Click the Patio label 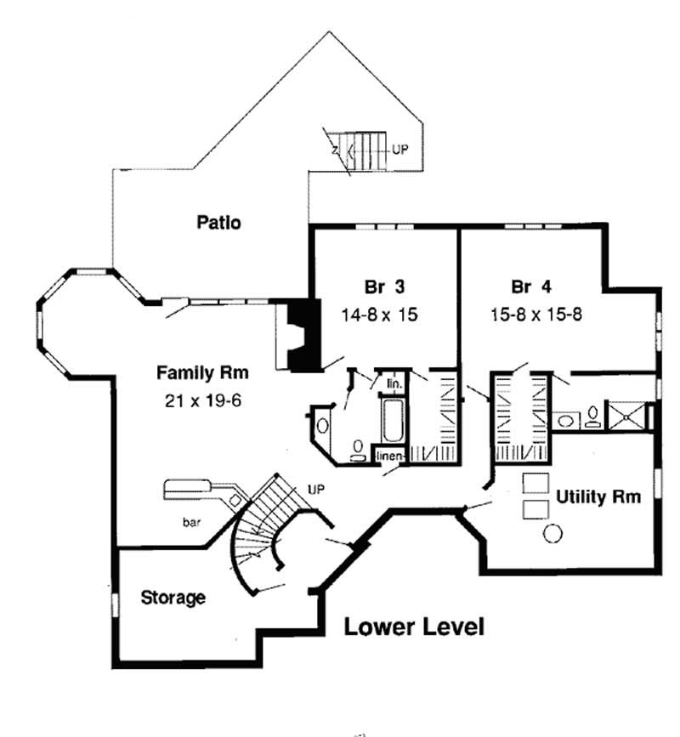[219, 224]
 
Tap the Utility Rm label [598, 496]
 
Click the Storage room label [173, 598]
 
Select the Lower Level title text [414, 628]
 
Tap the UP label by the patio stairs [400, 148]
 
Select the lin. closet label [394, 384]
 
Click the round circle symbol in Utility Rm [552, 533]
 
